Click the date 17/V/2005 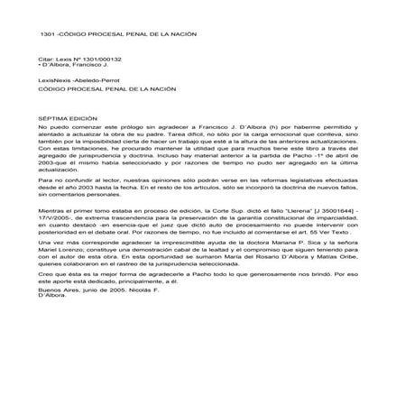pyautogui.click(x=53, y=215)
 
